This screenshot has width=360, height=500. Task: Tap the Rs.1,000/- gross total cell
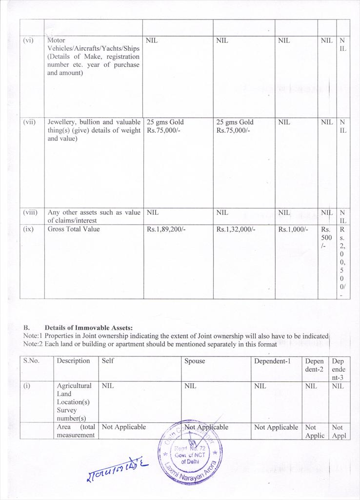click(293, 229)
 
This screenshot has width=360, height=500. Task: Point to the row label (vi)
click(28, 41)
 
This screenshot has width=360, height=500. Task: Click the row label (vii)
click(29, 122)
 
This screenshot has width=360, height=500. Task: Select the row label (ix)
click(28, 229)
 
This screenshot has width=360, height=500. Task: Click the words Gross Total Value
click(73, 229)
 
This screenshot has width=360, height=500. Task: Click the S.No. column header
click(31, 361)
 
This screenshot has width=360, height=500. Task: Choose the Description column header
click(73, 361)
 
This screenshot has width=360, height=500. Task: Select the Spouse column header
click(195, 361)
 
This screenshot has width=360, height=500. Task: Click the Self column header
click(108, 361)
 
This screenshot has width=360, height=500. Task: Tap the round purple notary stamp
click(190, 452)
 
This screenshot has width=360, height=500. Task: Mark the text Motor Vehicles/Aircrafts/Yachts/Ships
click(93, 48)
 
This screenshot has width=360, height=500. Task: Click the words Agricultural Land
click(74, 390)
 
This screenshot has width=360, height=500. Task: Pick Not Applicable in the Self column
click(123, 427)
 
